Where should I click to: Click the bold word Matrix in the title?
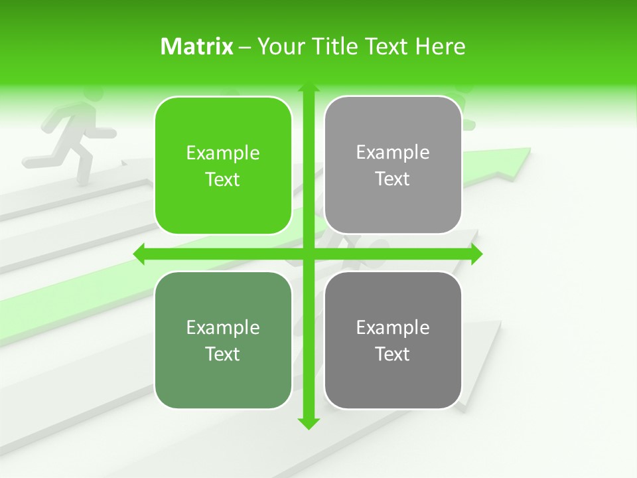pyautogui.click(x=197, y=46)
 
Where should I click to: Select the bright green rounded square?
pyautogui.click(x=223, y=165)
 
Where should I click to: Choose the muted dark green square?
pyautogui.click(x=223, y=340)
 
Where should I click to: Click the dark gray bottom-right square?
pyautogui.click(x=393, y=340)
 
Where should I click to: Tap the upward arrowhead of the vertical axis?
pyautogui.click(x=308, y=88)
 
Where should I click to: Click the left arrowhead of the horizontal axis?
pyautogui.click(x=139, y=254)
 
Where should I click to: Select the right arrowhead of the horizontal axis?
pyautogui.click(x=476, y=254)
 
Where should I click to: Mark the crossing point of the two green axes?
pyautogui.click(x=308, y=254)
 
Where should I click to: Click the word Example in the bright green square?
pyautogui.click(x=223, y=153)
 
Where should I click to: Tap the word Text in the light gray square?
pyautogui.click(x=393, y=179)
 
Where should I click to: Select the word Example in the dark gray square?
pyautogui.click(x=393, y=327)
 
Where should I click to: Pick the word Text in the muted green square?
pyautogui.click(x=223, y=354)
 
